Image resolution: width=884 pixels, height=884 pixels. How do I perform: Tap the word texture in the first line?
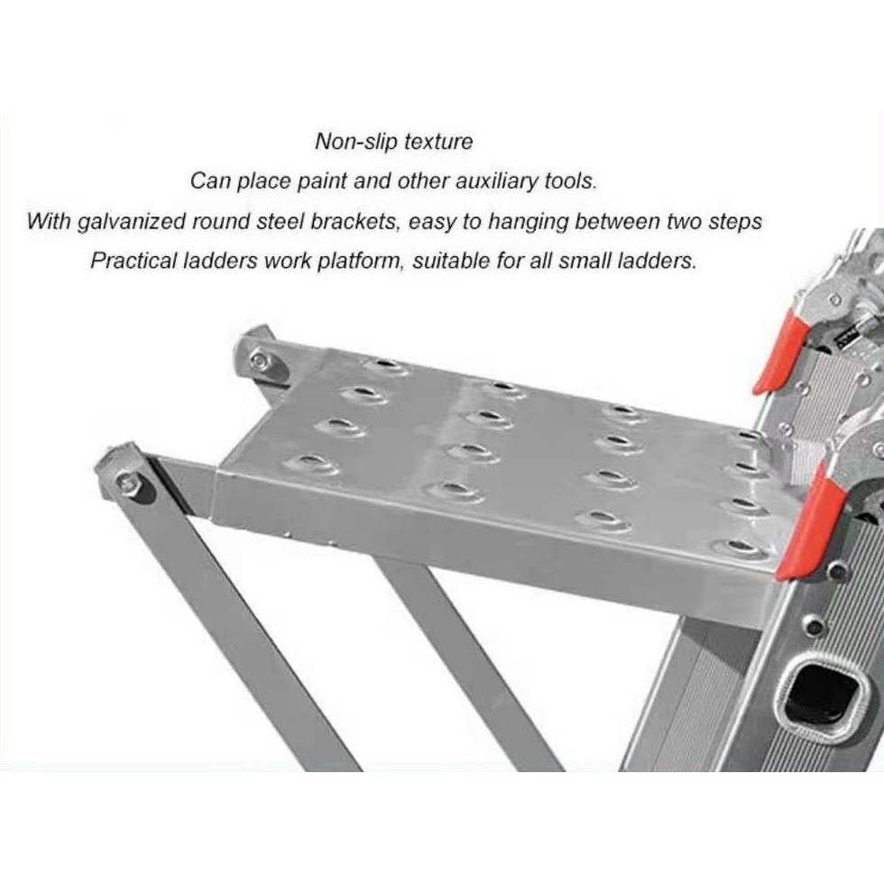pyautogui.click(x=438, y=141)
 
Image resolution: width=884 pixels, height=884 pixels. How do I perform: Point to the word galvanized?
pyautogui.click(x=130, y=222)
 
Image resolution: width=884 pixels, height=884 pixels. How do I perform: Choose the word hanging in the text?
pyautogui.click(x=528, y=222)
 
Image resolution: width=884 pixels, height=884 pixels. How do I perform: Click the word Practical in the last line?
pyautogui.click(x=129, y=261)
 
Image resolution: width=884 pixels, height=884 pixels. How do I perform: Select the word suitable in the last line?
pyautogui.click(x=448, y=261)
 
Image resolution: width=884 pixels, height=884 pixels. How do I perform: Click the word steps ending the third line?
pyautogui.click(x=735, y=222)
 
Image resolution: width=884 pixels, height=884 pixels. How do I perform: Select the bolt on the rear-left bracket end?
pyautogui.click(x=260, y=359)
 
